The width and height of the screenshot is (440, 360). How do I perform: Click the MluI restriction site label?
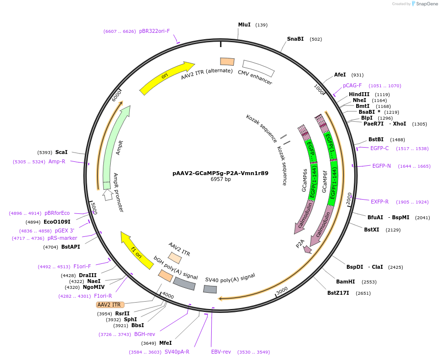[244, 25]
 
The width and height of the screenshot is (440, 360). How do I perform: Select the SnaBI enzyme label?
[295, 39]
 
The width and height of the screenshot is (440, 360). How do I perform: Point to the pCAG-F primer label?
[352, 85]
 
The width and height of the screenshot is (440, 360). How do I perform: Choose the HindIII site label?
[359, 94]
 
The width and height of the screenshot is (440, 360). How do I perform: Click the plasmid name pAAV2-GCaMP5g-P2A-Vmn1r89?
[220, 173]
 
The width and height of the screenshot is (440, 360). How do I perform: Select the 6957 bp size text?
[220, 180]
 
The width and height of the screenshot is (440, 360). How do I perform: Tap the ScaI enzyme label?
[61, 152]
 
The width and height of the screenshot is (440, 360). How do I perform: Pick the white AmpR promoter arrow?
[108, 195]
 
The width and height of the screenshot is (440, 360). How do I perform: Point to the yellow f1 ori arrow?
[137, 250]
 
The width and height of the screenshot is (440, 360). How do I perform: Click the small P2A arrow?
[307, 249]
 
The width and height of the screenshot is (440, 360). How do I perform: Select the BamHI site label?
[345, 282]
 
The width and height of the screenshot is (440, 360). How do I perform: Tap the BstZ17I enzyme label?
[338, 293]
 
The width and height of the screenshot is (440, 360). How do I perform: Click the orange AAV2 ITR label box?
[110, 305]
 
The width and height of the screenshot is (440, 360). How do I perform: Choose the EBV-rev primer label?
[221, 352]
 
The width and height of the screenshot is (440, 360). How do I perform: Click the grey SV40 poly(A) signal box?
[210, 289]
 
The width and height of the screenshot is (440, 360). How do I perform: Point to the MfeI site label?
[166, 343]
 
